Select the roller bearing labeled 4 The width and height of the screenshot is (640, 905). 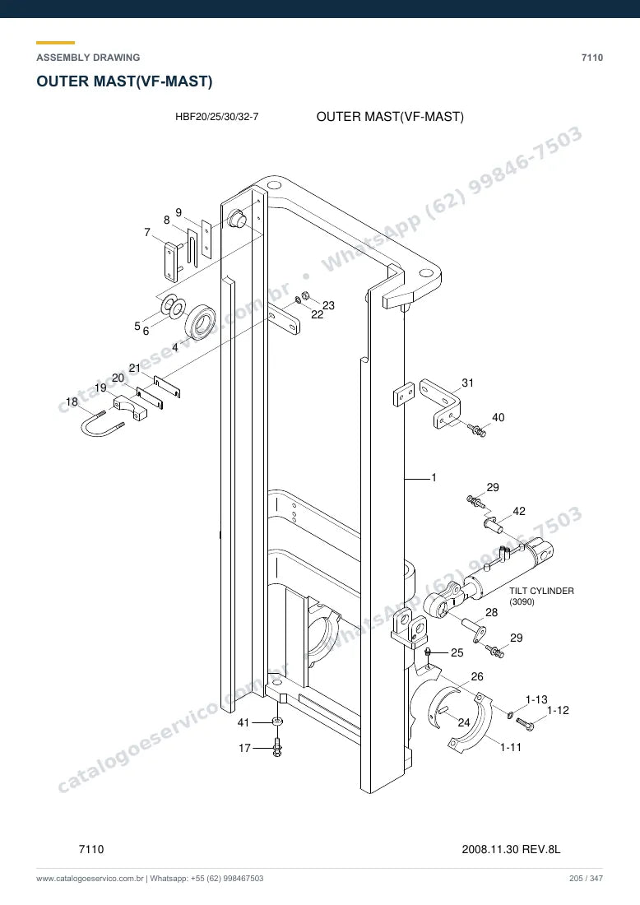click(x=200, y=323)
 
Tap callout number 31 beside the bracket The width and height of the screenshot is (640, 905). click(x=467, y=383)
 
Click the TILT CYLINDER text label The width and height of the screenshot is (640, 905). click(x=541, y=591)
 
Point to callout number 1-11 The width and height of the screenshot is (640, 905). click(x=510, y=747)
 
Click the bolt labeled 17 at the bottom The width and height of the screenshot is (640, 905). click(x=277, y=747)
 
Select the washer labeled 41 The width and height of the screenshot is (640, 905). click(x=277, y=722)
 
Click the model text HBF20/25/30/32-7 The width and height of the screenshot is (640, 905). click(x=217, y=117)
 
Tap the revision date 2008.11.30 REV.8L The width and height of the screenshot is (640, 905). click(x=511, y=849)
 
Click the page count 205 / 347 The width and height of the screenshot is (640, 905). click(x=586, y=879)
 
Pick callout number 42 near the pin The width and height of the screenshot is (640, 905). click(x=519, y=511)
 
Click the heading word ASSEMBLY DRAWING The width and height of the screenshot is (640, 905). click(x=88, y=58)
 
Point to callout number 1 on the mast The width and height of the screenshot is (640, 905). click(x=434, y=477)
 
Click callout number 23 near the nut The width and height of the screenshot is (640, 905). click(x=328, y=305)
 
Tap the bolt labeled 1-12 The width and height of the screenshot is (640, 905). click(x=525, y=723)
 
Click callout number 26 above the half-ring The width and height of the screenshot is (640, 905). click(x=476, y=676)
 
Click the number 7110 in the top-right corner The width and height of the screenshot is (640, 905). click(x=592, y=58)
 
